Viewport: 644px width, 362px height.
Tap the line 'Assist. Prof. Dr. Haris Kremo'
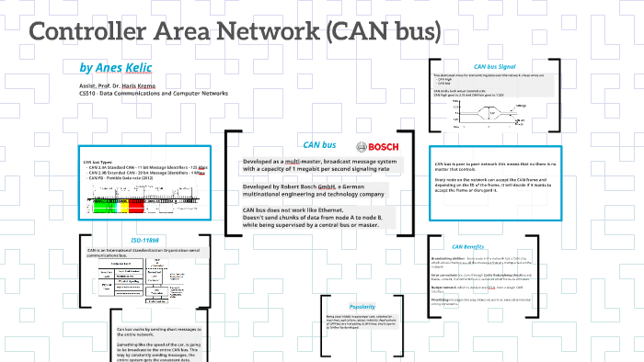[121, 85]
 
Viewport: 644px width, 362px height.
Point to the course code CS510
[89, 93]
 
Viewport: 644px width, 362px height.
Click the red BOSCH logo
[374, 146]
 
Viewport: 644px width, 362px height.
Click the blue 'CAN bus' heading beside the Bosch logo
[319, 144]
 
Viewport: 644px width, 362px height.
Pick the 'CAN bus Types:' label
[99, 162]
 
